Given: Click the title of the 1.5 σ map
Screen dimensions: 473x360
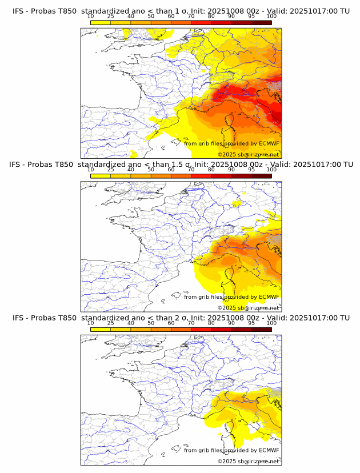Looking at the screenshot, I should (181, 165).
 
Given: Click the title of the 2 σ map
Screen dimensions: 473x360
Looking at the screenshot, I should (181, 318).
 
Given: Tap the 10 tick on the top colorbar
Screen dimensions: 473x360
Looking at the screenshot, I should (91, 17).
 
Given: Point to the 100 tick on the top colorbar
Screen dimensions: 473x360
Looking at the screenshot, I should (271, 17).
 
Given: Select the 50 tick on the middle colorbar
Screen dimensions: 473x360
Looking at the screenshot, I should (151, 170).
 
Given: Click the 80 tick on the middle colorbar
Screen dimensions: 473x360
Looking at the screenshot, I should (211, 170).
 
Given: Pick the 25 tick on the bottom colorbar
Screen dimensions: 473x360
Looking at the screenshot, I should (111, 323).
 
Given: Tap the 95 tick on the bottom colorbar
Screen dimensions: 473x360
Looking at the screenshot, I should (251, 323).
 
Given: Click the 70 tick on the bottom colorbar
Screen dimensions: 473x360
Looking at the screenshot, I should (191, 323).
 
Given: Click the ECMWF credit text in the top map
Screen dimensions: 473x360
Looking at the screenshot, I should (231, 144).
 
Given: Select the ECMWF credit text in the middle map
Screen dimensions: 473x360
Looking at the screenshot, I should (231, 297).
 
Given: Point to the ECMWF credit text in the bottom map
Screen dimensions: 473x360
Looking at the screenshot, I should (231, 450).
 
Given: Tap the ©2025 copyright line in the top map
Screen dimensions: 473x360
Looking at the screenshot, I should (248, 155).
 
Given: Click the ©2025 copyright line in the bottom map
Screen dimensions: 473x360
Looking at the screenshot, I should (248, 461).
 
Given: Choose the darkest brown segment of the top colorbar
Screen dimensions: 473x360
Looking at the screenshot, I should (261, 23).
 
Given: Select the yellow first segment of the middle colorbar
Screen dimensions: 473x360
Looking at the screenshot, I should (101, 176).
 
